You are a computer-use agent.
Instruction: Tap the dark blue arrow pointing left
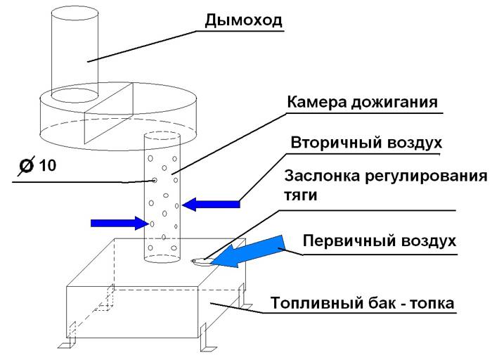(x=210, y=204)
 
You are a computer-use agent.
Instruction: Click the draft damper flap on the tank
(x=200, y=262)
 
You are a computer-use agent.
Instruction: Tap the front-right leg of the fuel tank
(x=208, y=342)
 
